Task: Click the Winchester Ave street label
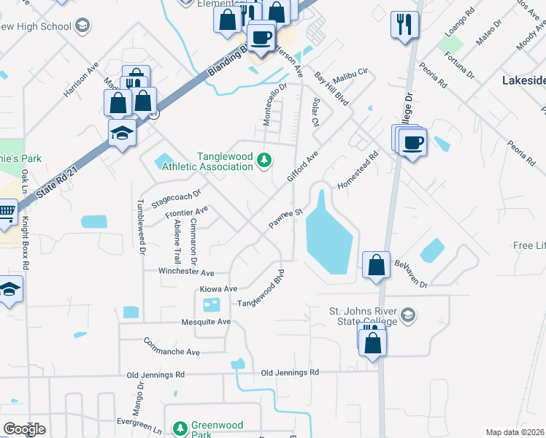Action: (x=187, y=272)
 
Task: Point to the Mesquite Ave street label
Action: (x=205, y=322)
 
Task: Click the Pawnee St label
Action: (x=285, y=218)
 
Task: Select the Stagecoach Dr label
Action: (x=175, y=195)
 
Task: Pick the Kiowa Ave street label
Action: (x=219, y=289)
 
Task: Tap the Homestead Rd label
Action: (x=358, y=169)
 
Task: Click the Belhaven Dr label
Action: (x=414, y=273)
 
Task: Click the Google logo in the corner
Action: (x=24, y=429)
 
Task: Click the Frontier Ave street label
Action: (x=187, y=212)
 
